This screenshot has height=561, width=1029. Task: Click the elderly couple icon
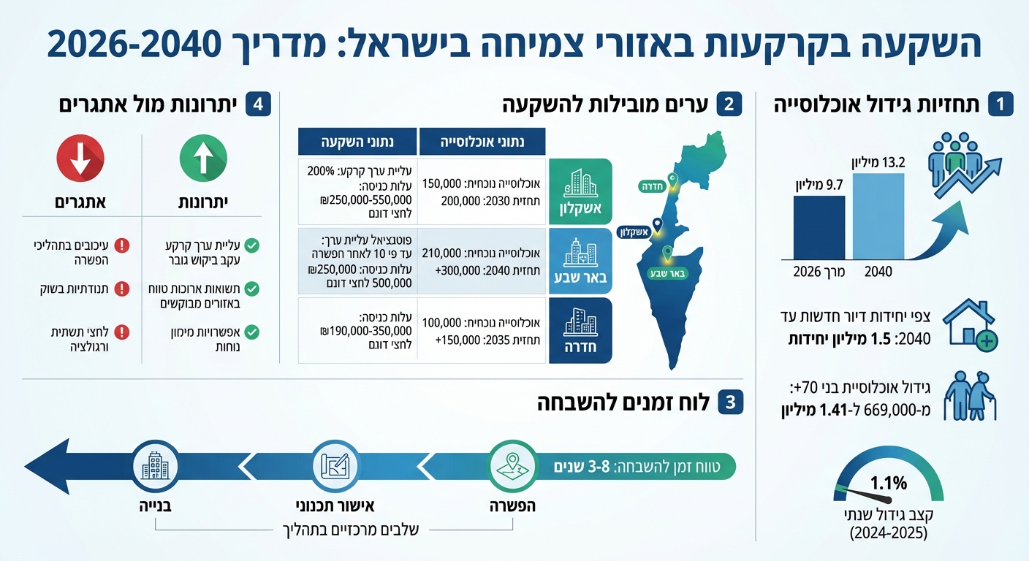click(x=970, y=396)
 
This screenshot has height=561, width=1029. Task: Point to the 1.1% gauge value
click(x=888, y=483)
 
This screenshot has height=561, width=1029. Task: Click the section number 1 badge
click(x=1000, y=104)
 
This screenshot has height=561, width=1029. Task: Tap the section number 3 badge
click(x=730, y=402)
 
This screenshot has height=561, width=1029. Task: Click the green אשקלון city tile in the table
click(x=580, y=190)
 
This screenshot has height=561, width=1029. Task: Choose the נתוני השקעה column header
click(x=357, y=141)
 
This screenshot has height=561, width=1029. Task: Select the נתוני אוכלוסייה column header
click(x=482, y=141)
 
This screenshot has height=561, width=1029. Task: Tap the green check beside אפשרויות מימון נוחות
click(x=252, y=332)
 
